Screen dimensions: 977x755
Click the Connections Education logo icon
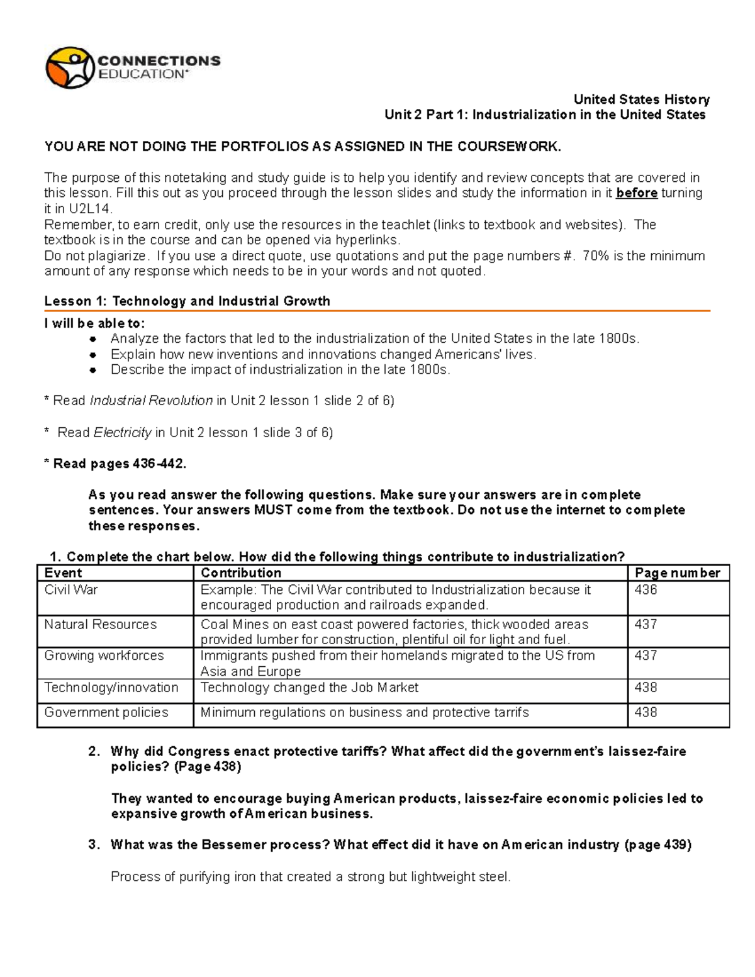(69, 67)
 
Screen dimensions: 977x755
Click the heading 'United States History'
(641, 99)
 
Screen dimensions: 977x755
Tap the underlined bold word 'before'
(637, 193)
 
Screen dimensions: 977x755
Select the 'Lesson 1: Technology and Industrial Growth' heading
(187, 301)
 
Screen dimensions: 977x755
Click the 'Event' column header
(63, 573)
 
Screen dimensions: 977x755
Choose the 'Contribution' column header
(240, 573)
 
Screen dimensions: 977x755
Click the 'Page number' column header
(677, 573)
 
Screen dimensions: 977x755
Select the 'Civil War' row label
(71, 590)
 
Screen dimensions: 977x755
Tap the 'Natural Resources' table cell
(101, 625)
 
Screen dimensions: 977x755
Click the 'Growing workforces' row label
(104, 656)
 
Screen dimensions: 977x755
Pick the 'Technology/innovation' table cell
(111, 688)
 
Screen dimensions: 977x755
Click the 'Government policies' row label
(106, 713)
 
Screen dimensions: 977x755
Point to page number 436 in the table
(646, 590)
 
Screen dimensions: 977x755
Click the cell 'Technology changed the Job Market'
(309, 688)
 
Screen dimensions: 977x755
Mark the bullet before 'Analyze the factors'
(92, 339)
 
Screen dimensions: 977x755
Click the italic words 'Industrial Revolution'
(151, 401)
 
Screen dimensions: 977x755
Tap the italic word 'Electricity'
(122, 433)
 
